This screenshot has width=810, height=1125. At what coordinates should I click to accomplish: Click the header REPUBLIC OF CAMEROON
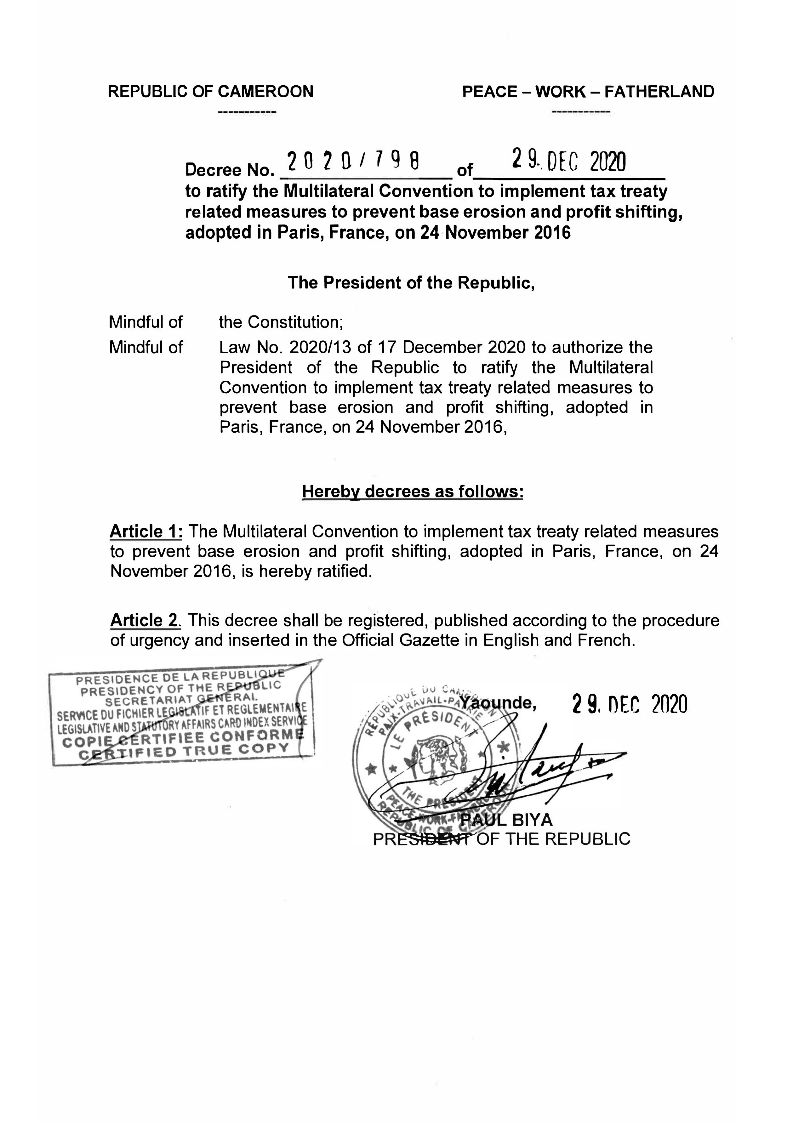click(210, 92)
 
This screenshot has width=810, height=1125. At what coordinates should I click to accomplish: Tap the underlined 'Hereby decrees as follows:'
click(413, 491)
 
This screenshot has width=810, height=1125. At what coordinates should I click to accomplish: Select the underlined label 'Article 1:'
click(146, 532)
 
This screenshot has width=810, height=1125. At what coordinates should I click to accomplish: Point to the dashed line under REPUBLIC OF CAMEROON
click(247, 113)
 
